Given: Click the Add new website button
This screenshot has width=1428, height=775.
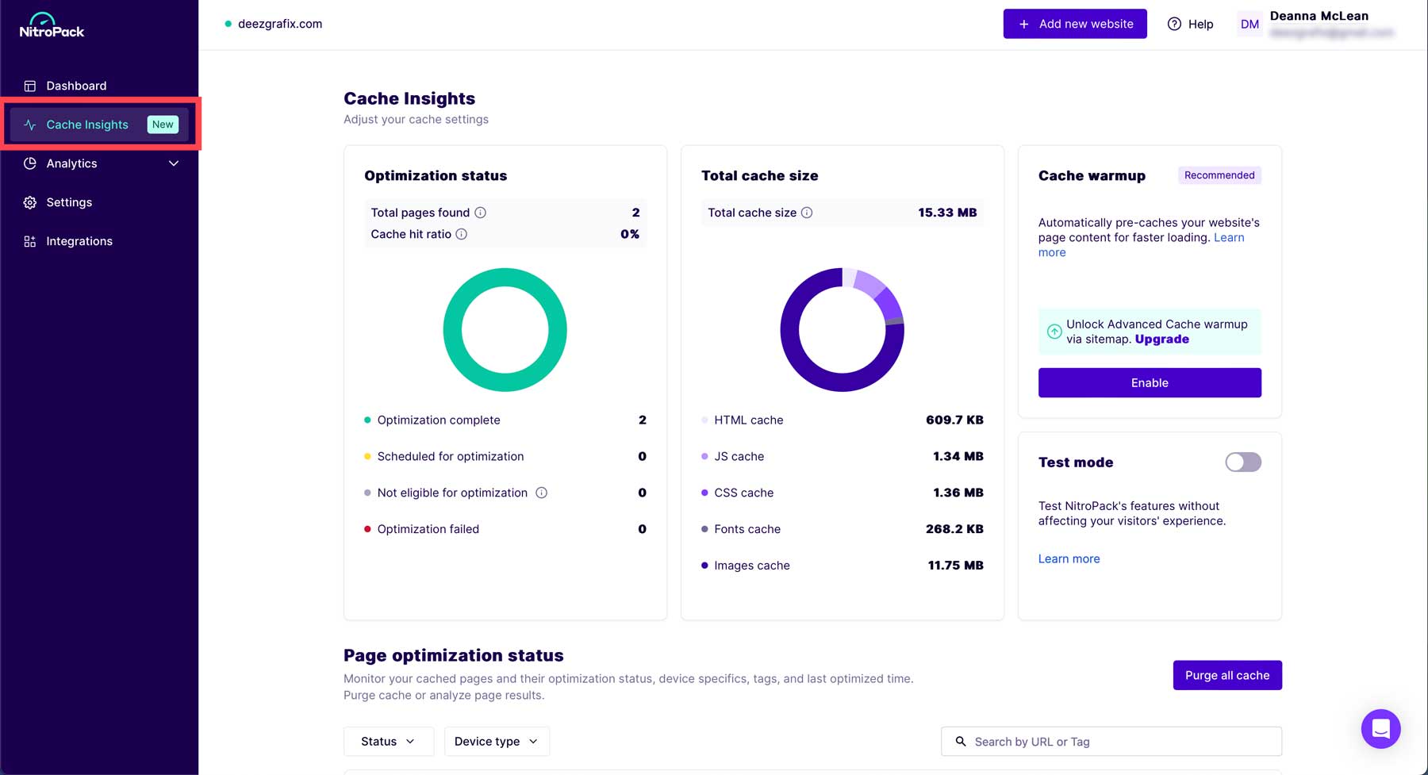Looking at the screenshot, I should [1075, 24].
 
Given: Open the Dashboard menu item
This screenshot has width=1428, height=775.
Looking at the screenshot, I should [76, 86].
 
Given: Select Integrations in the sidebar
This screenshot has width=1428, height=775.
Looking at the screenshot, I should [79, 241].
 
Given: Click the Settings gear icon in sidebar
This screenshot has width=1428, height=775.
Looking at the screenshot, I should [30, 202].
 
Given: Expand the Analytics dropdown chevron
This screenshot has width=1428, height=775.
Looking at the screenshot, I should [174, 163].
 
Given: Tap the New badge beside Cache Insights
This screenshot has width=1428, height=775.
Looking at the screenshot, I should [163, 125].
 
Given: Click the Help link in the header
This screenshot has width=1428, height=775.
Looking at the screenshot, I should [1191, 24].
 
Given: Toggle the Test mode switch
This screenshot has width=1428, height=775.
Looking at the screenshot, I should [1242, 462].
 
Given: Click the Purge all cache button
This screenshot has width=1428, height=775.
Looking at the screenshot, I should [1227, 675].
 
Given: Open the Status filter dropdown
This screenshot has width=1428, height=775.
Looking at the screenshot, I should [388, 741].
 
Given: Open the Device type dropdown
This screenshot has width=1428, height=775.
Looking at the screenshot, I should [496, 741].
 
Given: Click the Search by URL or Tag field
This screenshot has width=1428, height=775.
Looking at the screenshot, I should [1111, 741].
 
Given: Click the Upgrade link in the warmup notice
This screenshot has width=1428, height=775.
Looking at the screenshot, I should [1161, 339].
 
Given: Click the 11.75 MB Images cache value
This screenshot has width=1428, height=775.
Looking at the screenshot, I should [955, 566].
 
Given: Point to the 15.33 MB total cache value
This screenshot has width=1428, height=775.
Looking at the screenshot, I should [947, 213].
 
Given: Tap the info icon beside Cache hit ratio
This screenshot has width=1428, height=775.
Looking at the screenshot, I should [462, 234].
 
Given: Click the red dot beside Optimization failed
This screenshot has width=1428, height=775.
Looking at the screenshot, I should [367, 529].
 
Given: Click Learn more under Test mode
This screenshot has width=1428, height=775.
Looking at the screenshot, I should [1069, 558].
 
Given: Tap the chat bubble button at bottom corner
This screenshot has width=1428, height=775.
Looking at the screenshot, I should [1380, 728].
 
